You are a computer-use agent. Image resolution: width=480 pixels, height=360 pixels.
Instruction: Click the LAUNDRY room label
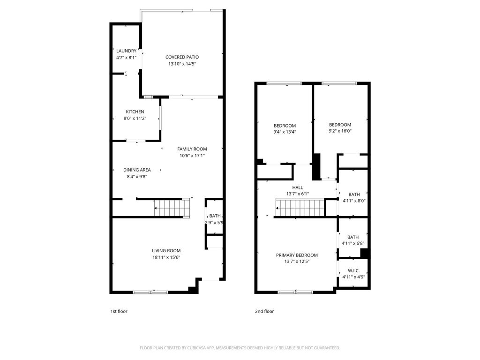tap(126, 51)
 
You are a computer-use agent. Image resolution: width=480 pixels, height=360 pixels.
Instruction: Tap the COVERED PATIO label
tap(182, 57)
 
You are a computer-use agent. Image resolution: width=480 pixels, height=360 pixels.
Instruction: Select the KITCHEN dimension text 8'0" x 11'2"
tap(135, 118)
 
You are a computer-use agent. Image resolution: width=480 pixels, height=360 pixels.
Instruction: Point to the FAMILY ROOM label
tap(192, 149)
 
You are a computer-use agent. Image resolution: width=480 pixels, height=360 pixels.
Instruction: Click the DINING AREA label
tap(136, 170)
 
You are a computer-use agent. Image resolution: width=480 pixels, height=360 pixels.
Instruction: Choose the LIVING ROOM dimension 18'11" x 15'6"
tap(166, 257)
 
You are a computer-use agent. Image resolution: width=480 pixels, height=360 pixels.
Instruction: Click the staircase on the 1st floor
tap(172, 208)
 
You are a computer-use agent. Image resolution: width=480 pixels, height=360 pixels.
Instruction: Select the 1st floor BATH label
tap(215, 216)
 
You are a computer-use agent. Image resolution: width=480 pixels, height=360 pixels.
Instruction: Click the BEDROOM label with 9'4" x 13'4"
tap(285, 126)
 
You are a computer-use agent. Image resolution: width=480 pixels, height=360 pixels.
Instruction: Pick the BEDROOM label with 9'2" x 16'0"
tap(340, 125)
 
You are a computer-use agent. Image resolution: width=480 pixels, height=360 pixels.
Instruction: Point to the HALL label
tap(298, 187)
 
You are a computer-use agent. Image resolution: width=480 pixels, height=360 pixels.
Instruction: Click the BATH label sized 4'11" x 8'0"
tap(353, 195)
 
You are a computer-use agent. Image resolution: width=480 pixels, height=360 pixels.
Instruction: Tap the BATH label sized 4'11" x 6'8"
tap(352, 237)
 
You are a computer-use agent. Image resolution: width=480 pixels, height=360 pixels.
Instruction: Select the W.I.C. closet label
tap(353, 271)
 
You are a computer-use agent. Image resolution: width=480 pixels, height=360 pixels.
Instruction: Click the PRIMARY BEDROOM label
tap(297, 255)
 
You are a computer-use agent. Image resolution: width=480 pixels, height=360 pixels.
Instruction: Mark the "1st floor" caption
tap(119, 311)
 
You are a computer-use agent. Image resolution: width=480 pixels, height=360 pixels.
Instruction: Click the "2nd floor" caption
tap(264, 311)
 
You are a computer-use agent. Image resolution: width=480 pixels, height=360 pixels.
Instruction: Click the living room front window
tap(150, 292)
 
